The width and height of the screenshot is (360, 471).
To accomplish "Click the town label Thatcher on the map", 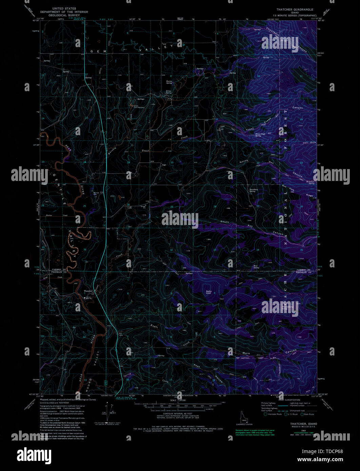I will click(88, 291).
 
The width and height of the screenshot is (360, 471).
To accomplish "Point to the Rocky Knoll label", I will click(208, 292).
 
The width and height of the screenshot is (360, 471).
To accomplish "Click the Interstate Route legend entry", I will click(274, 414).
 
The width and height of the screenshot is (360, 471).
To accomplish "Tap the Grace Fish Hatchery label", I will click(133, 106).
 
